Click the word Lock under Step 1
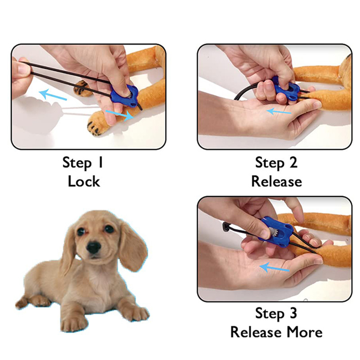[84, 181]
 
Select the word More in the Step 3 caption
[304, 332]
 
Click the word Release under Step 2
[277, 181]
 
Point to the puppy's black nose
[93, 247]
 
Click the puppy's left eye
[81, 231]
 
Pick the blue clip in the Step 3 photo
[275, 232]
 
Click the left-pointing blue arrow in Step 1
[53, 95]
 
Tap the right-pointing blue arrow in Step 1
[120, 115]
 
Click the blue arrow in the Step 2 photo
[278, 112]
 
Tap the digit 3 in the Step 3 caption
[293, 313]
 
